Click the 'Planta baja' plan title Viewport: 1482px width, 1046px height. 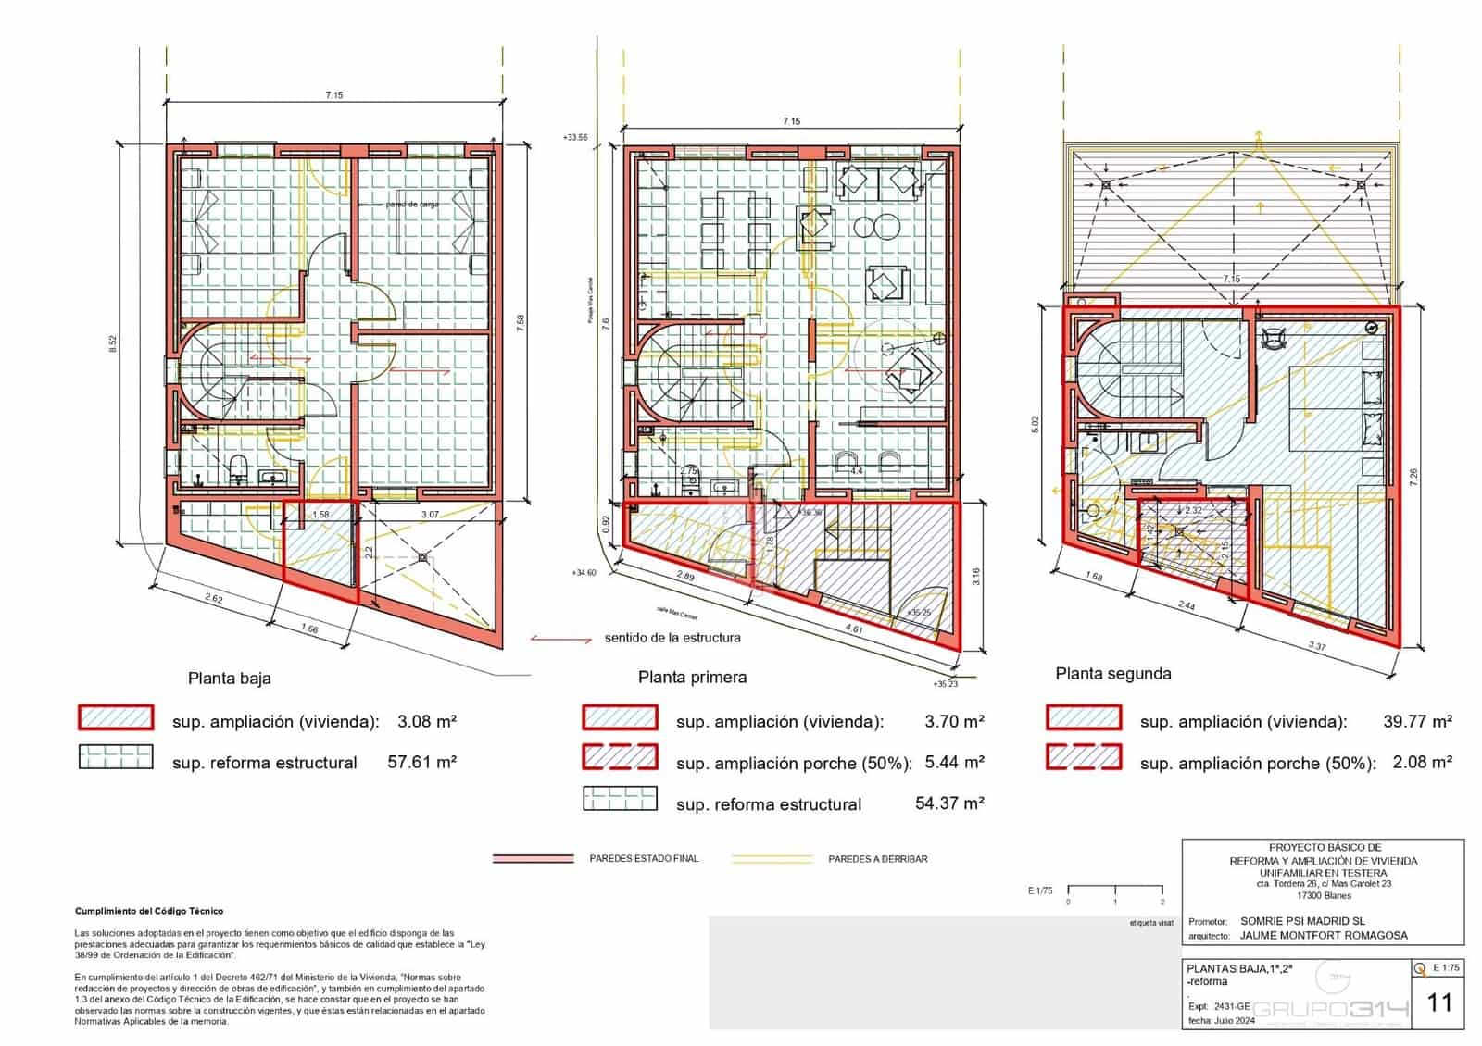tap(229, 678)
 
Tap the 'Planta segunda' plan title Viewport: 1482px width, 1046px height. tap(1112, 674)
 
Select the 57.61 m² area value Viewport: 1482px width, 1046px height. tap(421, 762)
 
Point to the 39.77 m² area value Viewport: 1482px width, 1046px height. tap(1417, 721)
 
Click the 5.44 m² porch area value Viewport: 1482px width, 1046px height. tap(954, 763)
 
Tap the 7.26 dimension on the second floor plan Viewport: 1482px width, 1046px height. tap(1413, 479)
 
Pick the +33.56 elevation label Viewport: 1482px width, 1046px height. tap(574, 137)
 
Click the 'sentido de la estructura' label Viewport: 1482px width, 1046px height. tap(672, 638)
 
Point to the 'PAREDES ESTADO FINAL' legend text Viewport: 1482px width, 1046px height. tap(644, 859)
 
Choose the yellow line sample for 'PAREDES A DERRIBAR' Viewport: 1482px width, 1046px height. tap(771, 859)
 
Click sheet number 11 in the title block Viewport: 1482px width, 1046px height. tap(1439, 1002)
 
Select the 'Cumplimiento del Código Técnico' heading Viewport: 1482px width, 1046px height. tap(149, 911)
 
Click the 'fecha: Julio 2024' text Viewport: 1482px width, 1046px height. tap(1221, 1021)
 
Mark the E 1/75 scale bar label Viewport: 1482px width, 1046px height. tap(1040, 890)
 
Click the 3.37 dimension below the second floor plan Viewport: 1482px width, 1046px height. tap(1316, 645)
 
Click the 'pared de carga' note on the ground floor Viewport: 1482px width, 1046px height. tap(411, 205)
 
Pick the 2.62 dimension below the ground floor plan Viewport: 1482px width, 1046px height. tap(213, 598)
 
